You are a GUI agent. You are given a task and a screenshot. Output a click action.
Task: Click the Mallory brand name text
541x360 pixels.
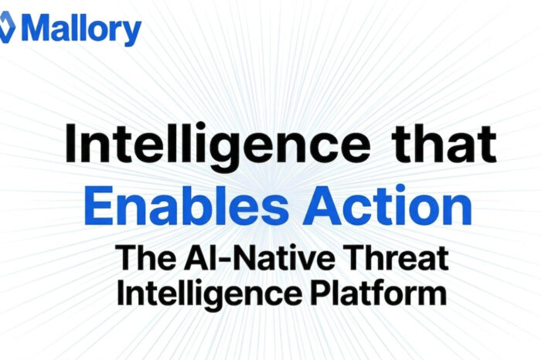(81, 29)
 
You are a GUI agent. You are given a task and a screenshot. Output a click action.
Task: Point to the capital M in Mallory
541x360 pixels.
(36, 29)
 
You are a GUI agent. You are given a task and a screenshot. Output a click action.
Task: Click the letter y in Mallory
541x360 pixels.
(133, 32)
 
